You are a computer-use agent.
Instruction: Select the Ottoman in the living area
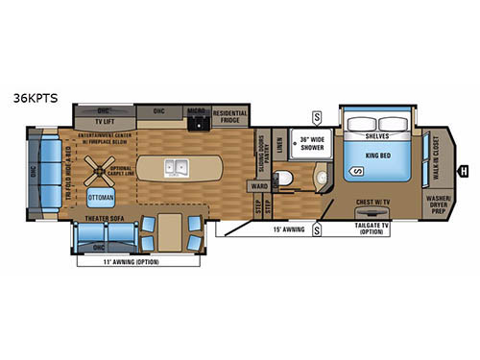(x=101, y=198)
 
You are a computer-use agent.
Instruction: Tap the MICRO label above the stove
(x=197, y=110)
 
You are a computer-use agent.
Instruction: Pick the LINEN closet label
(x=279, y=144)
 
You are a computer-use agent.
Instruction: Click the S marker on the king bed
(x=356, y=171)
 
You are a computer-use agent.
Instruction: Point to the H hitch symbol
(x=464, y=168)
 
